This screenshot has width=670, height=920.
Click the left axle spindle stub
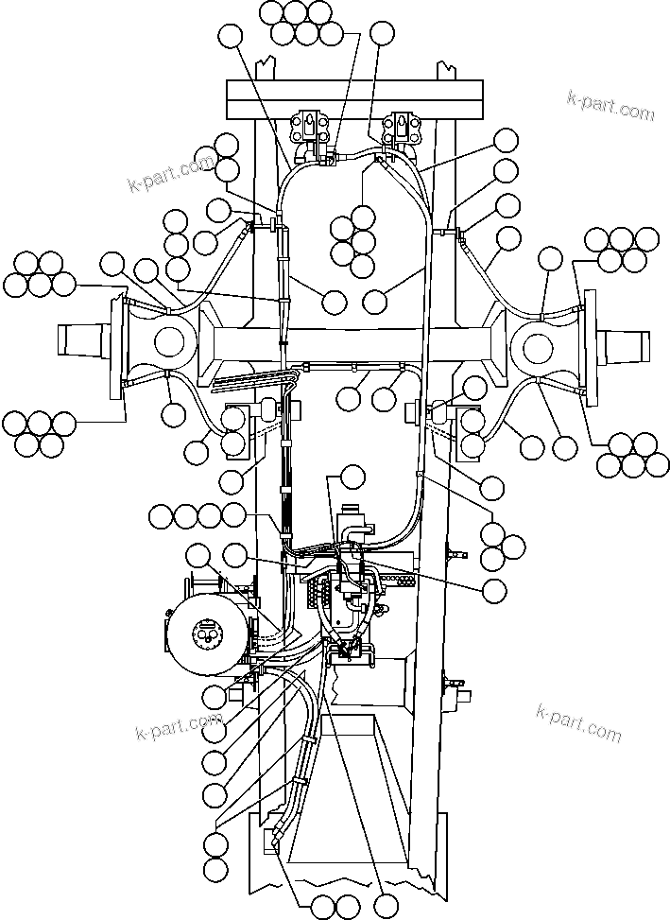(x=83, y=338)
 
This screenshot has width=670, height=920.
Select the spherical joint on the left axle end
(x=168, y=340)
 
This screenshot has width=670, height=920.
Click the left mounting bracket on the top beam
(x=311, y=131)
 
